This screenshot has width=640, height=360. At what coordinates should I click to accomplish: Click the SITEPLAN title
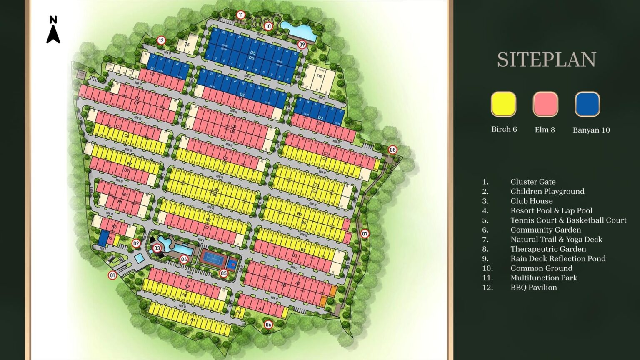pos(546,60)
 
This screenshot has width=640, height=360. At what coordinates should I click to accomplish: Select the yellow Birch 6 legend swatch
pos(503,104)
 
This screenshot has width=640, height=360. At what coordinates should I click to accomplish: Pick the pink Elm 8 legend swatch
pos(545,104)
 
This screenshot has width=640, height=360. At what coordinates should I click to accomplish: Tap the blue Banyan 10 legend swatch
pos(587,104)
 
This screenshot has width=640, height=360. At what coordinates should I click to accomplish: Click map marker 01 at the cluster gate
pos(112,275)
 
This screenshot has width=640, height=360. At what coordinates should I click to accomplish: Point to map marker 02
pos(136,243)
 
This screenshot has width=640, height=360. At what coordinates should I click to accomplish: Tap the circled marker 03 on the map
pos(157,248)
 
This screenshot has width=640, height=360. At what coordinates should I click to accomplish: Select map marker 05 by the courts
pos(224,273)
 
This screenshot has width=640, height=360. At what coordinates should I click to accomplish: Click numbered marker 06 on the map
pos(268,324)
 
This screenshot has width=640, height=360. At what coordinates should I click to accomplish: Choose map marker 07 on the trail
pos(365,233)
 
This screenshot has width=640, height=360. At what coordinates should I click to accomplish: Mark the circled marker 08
pos(392,150)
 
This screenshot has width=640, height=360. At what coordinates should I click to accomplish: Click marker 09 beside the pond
pos(302,45)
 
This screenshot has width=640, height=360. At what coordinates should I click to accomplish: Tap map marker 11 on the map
pos(240,15)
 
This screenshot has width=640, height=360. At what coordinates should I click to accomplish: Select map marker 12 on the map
pos(161,40)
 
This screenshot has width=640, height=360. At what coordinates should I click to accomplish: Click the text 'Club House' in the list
pos(531,201)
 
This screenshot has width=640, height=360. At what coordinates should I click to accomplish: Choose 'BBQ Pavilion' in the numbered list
pos(533,287)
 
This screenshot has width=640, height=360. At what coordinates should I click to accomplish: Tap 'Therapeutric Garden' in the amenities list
pos(548,249)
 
